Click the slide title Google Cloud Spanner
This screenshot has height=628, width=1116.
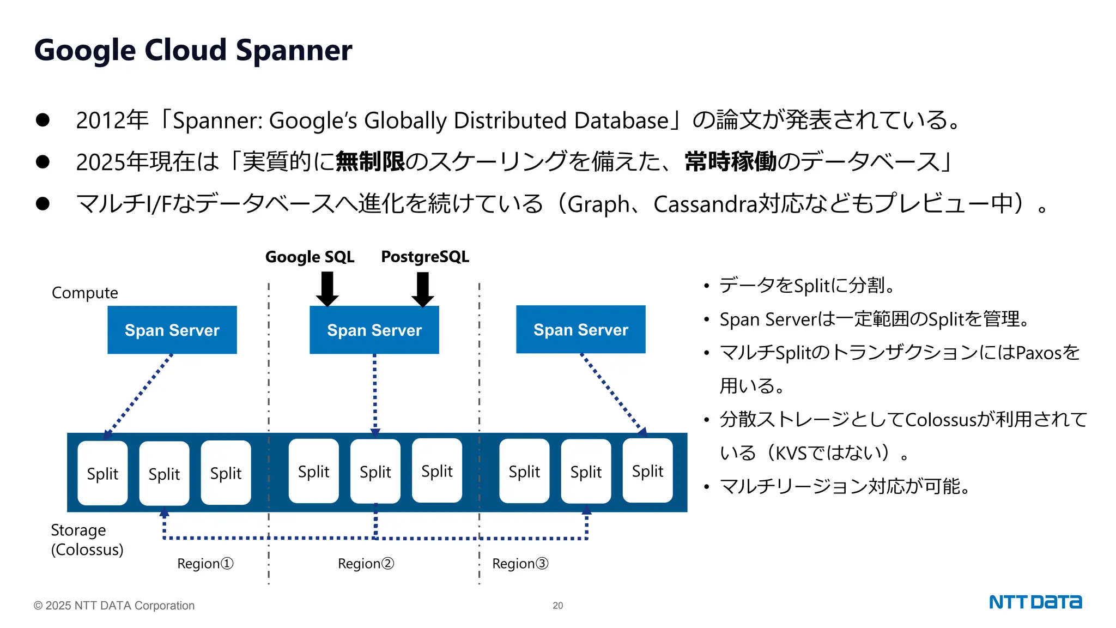[x=193, y=50]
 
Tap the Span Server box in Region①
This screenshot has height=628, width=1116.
[x=172, y=330]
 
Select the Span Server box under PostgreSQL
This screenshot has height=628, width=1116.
[x=374, y=330]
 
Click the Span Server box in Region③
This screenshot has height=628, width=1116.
[x=580, y=329]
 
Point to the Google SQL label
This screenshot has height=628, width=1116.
[x=310, y=257]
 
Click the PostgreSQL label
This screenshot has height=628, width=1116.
[x=424, y=257]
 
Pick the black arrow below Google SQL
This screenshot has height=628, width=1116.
[x=327, y=289]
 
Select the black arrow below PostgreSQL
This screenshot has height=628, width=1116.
[x=423, y=289]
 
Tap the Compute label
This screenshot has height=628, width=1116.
[x=84, y=293]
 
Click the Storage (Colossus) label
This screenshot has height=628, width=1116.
[x=87, y=540]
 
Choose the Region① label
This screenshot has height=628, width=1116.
[x=205, y=563]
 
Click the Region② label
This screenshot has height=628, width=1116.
[x=366, y=563]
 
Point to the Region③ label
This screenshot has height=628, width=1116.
[x=520, y=563]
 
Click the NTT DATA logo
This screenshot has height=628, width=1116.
[x=1035, y=602]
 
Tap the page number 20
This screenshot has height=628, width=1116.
[x=557, y=605]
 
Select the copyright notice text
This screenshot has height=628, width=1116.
[x=114, y=605]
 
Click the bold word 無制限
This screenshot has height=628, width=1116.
[x=370, y=161]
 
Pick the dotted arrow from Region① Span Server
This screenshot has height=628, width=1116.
[x=138, y=395]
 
